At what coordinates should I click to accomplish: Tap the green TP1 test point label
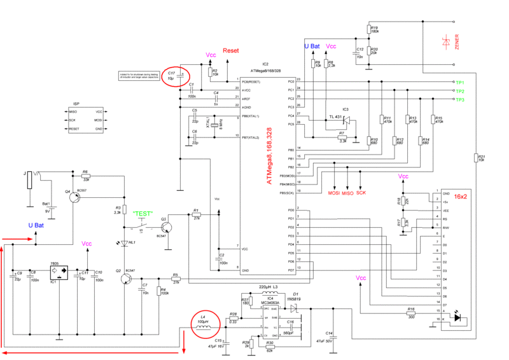point(459,83)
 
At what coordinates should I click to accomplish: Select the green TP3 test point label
point(459,100)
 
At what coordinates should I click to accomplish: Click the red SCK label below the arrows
point(361,193)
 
